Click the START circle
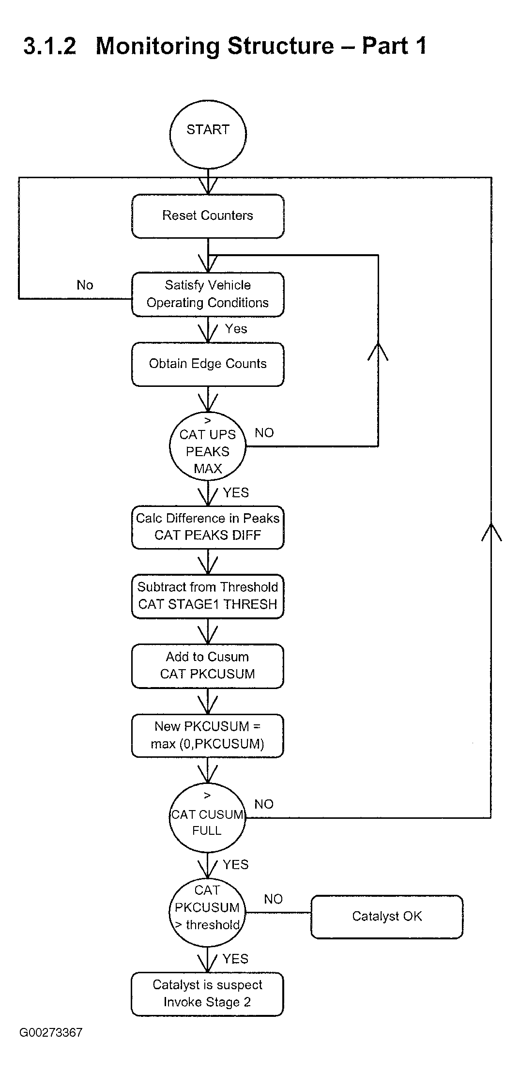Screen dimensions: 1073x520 point(208,134)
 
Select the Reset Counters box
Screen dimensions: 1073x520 point(208,216)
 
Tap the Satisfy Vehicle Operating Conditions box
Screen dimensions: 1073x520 point(208,294)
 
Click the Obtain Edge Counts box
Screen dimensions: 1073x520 point(208,364)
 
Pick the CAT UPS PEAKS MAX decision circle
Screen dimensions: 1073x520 point(208,446)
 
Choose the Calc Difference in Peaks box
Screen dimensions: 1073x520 point(208,527)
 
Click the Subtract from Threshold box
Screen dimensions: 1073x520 point(208,596)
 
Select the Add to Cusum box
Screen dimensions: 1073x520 point(208,666)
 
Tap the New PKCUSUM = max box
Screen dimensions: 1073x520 point(208,736)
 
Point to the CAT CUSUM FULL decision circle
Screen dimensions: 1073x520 point(207,818)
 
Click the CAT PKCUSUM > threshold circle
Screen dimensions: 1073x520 point(207,912)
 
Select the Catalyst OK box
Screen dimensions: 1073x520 point(387,917)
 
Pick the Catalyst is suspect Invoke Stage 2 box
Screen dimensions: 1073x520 point(207,994)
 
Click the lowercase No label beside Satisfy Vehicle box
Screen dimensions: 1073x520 point(85,285)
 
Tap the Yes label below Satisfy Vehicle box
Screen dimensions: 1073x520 point(236,329)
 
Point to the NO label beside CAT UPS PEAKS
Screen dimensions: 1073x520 point(264,433)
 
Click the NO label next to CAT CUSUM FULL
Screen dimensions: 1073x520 point(264,804)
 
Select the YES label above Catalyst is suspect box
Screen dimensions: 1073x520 point(235,959)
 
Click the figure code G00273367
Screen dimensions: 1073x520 point(51,1032)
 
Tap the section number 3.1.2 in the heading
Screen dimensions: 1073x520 point(50,46)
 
